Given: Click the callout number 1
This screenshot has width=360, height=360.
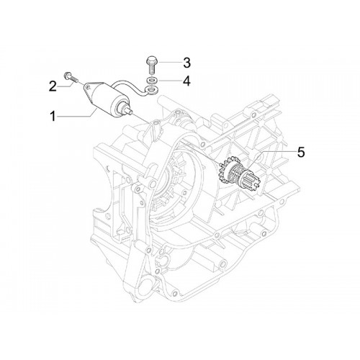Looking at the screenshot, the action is coord(53,117).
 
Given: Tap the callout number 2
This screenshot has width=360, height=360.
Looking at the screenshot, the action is coord(53,86).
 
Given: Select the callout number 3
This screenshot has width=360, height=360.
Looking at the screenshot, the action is coord(186,63).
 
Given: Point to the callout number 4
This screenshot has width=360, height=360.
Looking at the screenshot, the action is coord(186,81).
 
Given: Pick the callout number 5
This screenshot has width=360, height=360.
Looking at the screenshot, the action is coord(301,152).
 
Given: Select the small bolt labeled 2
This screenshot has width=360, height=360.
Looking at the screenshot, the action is coord(70,77).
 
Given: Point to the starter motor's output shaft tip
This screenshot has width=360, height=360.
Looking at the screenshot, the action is coord(130,112).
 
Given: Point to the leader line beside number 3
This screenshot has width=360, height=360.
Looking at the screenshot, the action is coord(169,62).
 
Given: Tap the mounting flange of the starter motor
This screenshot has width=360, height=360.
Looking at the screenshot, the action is coord(89,91).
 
